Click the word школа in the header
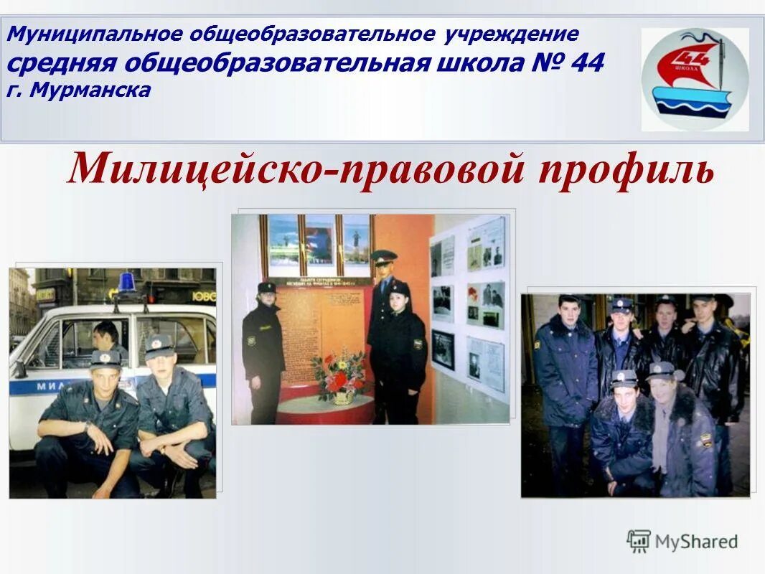point(479,63)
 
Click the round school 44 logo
point(694,80)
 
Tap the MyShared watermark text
point(696,542)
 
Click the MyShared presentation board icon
point(638,540)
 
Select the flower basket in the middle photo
point(337,377)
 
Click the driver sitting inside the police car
point(108,337)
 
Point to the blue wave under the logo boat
point(693,108)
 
